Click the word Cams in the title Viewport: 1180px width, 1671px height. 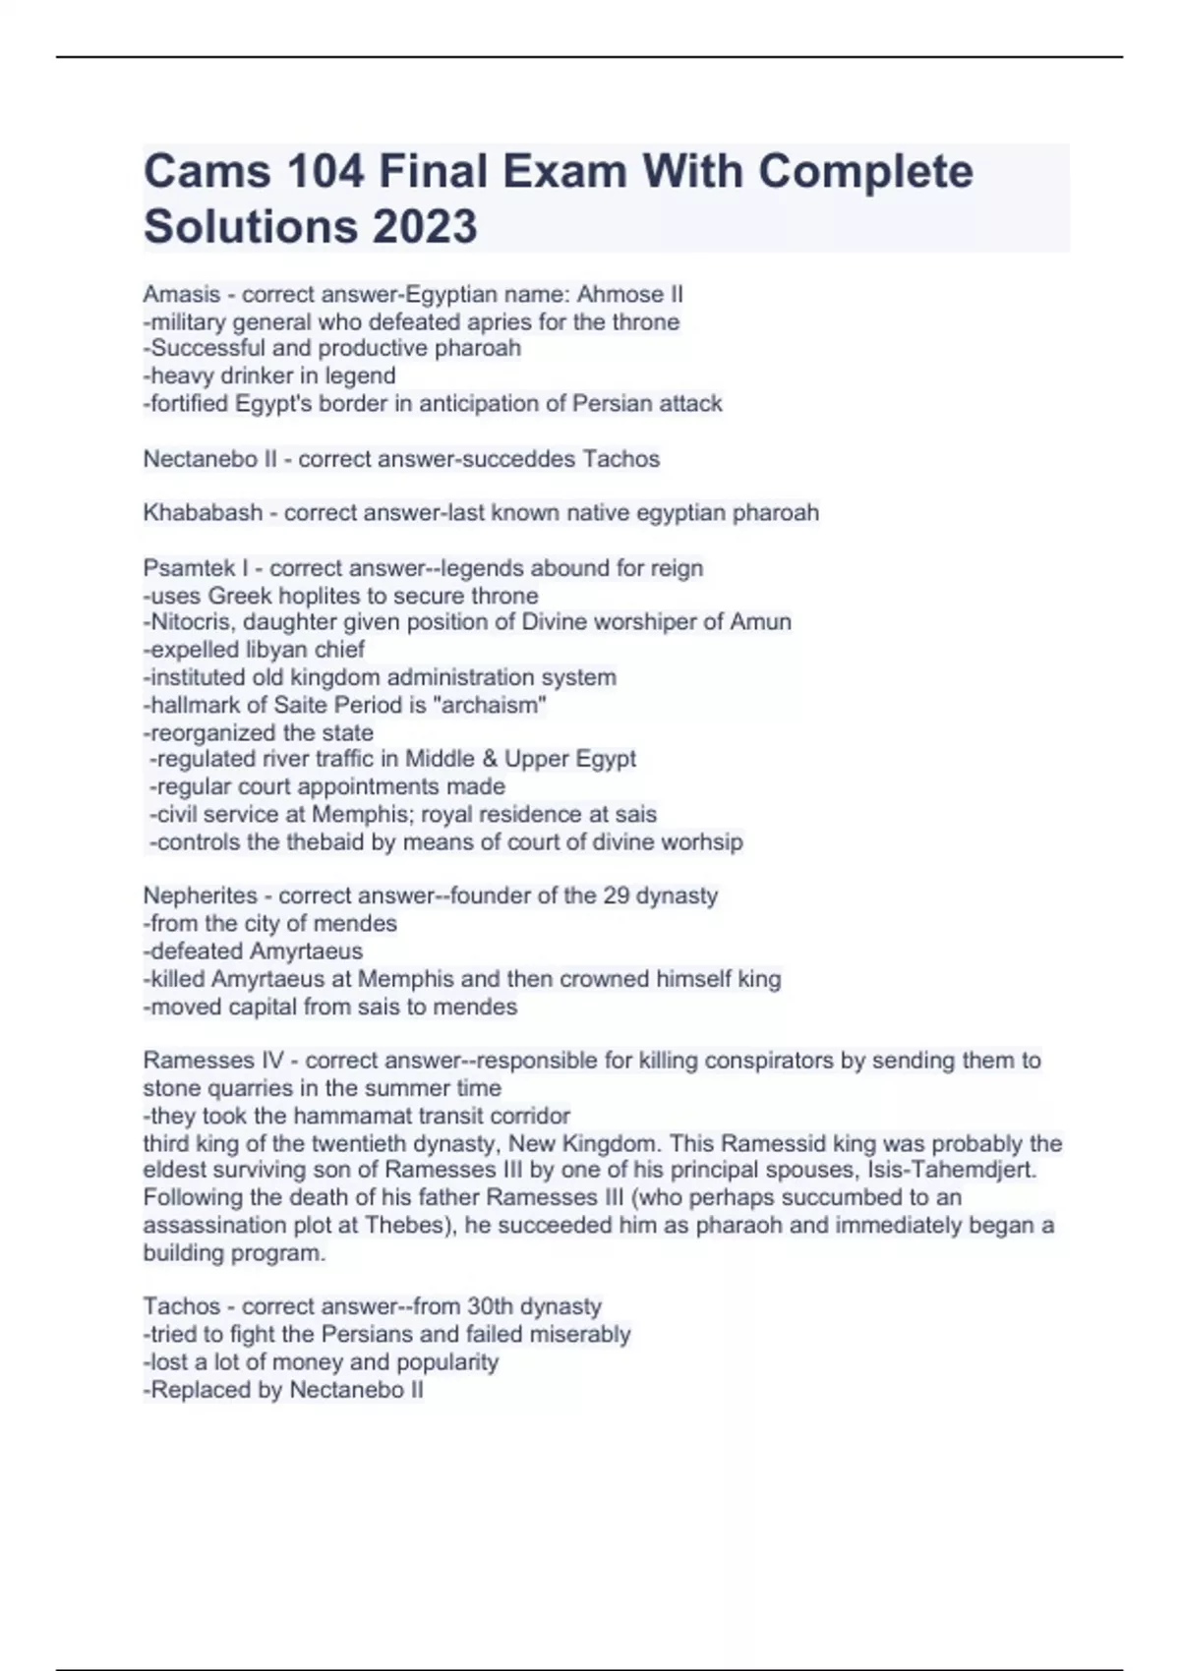click(x=206, y=172)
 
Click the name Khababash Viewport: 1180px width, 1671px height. click(x=203, y=513)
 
